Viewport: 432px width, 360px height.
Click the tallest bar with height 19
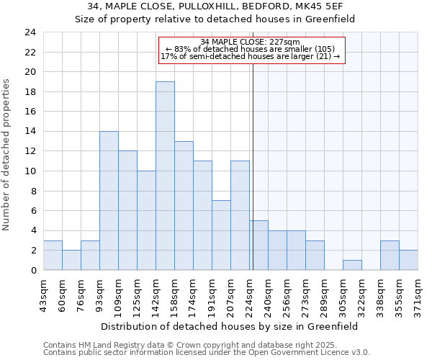[165, 176]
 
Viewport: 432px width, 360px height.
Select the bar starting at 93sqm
[109, 201]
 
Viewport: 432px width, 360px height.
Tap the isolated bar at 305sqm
[352, 265]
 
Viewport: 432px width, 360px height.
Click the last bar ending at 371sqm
[408, 260]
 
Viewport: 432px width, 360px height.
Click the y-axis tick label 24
[30, 32]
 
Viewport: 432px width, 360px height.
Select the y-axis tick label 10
[30, 171]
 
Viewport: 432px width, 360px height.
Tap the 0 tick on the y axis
[32, 271]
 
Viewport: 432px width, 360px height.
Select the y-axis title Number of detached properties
[7, 156]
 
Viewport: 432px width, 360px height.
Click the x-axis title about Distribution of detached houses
[229, 326]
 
